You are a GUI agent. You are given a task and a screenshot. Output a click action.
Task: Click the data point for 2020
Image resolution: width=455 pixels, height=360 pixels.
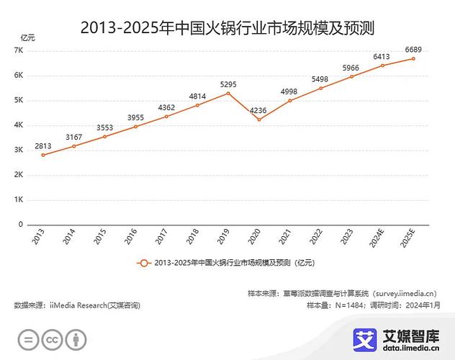point(259,120)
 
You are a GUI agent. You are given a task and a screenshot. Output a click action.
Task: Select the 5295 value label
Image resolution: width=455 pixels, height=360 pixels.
point(228,84)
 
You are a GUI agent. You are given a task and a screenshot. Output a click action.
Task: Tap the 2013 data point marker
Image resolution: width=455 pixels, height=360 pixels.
point(42,155)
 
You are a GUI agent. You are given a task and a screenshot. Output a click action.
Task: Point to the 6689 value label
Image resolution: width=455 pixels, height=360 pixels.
point(413,49)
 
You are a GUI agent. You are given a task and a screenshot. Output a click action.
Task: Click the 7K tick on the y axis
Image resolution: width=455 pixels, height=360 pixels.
point(19,50)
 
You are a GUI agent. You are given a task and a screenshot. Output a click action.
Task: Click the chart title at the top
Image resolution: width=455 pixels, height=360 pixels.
point(227,28)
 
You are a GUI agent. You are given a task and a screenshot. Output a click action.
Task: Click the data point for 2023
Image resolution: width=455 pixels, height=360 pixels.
point(352,76)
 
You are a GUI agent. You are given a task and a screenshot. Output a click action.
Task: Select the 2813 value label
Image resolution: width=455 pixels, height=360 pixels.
point(42,145)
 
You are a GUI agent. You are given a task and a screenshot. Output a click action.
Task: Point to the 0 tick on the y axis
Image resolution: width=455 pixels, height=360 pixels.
point(22,225)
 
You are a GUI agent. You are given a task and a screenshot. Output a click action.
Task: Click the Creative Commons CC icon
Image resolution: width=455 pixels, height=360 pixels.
point(51,339)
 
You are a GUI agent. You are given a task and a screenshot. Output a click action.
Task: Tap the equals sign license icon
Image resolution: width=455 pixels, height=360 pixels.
point(27,339)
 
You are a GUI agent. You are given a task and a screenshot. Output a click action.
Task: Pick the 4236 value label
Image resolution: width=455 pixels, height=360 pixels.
point(259,110)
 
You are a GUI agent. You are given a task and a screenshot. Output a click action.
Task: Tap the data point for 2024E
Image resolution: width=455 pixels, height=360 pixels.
point(382,66)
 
